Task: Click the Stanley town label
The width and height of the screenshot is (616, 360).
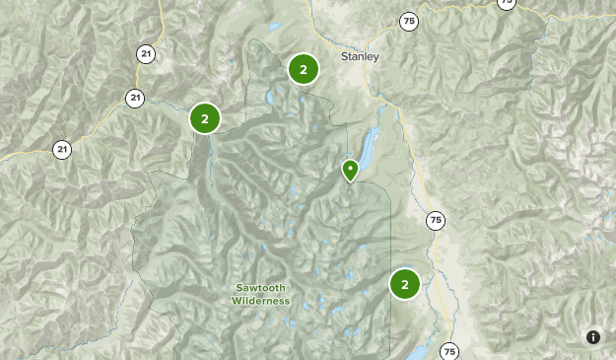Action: click(360, 56)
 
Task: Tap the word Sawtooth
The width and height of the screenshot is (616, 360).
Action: click(261, 289)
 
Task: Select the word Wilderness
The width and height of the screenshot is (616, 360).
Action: click(261, 301)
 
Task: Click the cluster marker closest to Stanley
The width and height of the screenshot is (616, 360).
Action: click(304, 69)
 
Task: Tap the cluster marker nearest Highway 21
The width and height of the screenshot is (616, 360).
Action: click(204, 118)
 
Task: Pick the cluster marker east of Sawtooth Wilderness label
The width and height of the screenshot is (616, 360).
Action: click(404, 284)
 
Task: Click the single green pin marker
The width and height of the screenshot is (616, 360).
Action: click(350, 170)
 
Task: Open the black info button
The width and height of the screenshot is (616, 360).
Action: click(593, 337)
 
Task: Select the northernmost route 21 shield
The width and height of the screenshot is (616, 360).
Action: click(147, 54)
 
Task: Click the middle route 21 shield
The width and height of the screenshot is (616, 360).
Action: click(134, 97)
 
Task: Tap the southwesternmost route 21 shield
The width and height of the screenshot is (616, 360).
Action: click(62, 150)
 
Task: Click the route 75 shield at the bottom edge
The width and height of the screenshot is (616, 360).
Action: click(450, 351)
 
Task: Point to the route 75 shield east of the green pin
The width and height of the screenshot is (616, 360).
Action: click(435, 220)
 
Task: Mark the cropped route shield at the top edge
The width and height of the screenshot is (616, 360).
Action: click(506, 3)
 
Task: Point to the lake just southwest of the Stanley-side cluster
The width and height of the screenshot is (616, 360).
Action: click(268, 99)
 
